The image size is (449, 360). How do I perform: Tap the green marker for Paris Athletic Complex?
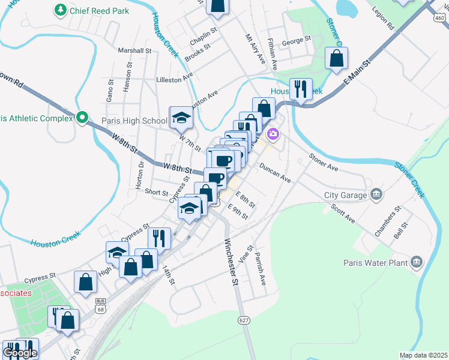click(x=83, y=117)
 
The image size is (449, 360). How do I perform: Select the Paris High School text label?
click(x=134, y=121)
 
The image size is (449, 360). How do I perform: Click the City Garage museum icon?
click(x=376, y=194)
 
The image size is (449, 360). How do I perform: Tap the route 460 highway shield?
click(x=441, y=17)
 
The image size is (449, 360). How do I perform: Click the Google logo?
click(x=20, y=353)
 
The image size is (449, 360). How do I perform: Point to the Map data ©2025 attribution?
click(x=423, y=355)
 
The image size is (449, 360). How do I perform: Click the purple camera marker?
click(x=274, y=133)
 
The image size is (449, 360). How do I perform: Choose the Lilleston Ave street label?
click(x=174, y=79)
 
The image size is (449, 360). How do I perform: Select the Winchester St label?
click(x=232, y=262)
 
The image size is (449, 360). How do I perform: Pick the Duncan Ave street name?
click(x=275, y=171)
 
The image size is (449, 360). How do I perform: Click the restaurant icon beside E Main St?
click(x=300, y=90)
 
